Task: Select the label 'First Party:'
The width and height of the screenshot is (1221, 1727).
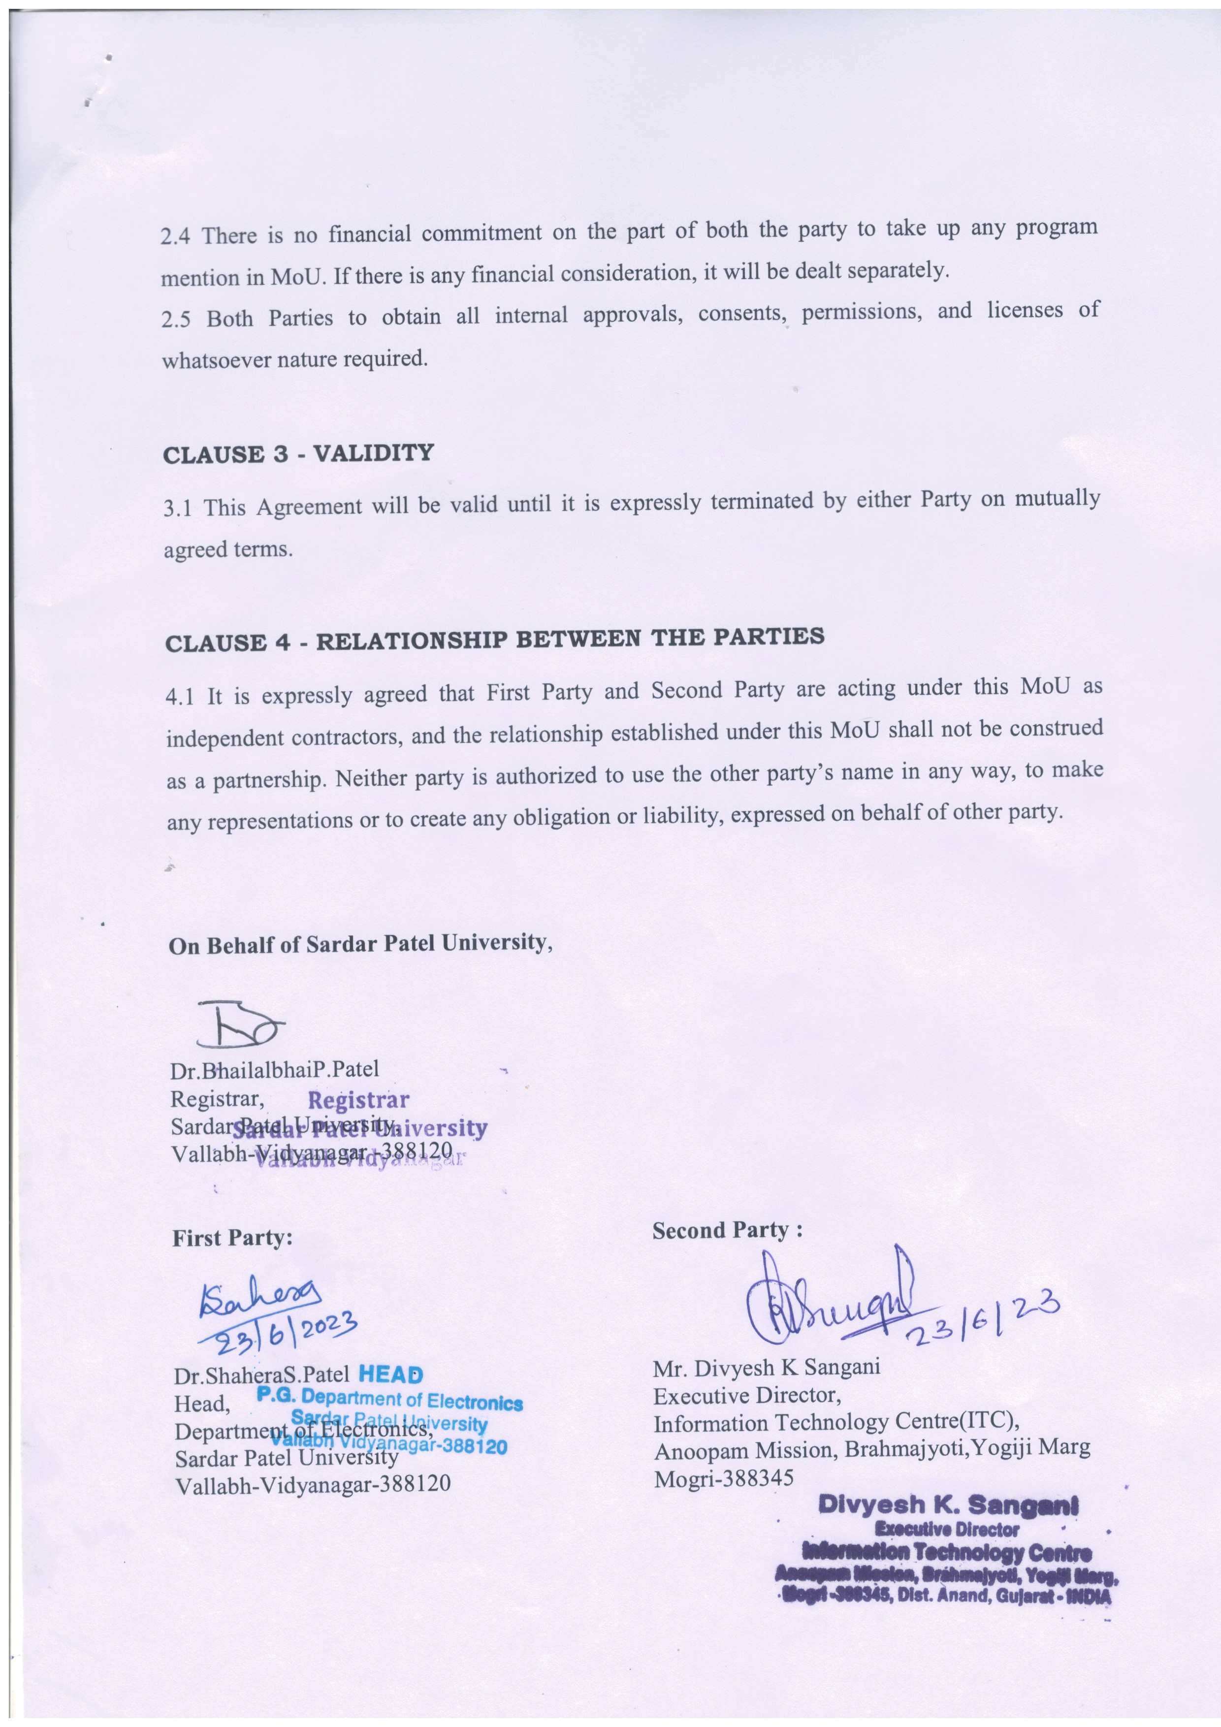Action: (x=232, y=1239)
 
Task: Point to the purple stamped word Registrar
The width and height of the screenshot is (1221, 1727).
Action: (x=358, y=1101)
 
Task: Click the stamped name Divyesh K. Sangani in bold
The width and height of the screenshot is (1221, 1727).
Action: (x=948, y=1503)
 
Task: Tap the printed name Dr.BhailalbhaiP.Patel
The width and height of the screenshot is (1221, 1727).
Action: (x=275, y=1069)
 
